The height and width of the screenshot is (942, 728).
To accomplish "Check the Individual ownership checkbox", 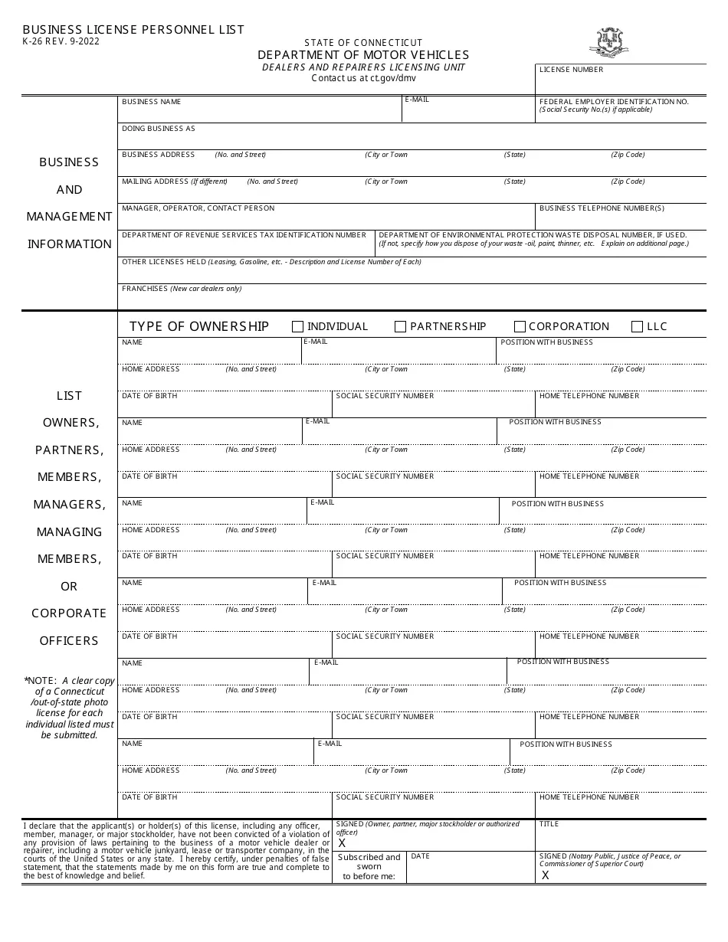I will coord(298,327).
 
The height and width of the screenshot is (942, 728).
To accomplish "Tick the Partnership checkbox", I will coord(400,327).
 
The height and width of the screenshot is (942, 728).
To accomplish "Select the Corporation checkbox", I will coord(520,327).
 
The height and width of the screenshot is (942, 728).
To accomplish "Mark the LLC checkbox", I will coord(637,327).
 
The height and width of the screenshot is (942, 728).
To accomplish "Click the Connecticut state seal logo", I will coord(609,42).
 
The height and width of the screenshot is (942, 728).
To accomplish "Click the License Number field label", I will coord(571,70).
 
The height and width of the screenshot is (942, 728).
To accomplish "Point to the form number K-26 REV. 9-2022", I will coord(61,41).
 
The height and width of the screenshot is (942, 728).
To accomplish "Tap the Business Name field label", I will coord(151,102).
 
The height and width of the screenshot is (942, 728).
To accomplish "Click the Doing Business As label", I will coord(159,129).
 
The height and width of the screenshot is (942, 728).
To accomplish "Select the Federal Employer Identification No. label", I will coord(614,101).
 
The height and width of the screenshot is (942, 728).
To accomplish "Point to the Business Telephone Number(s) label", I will coord(602,208).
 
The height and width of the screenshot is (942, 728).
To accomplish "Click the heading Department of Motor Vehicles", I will coord(363,55).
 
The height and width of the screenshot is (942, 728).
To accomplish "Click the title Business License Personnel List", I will coord(133,30).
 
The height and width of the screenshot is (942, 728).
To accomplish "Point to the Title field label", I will coord(549,824).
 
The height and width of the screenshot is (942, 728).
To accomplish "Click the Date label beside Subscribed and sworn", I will coord(420,856).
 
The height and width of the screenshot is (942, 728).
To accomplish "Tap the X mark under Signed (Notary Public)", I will coord(546,875).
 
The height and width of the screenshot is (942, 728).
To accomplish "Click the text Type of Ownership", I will coord(199,326).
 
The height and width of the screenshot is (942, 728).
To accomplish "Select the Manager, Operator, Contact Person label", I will coord(198,208).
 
